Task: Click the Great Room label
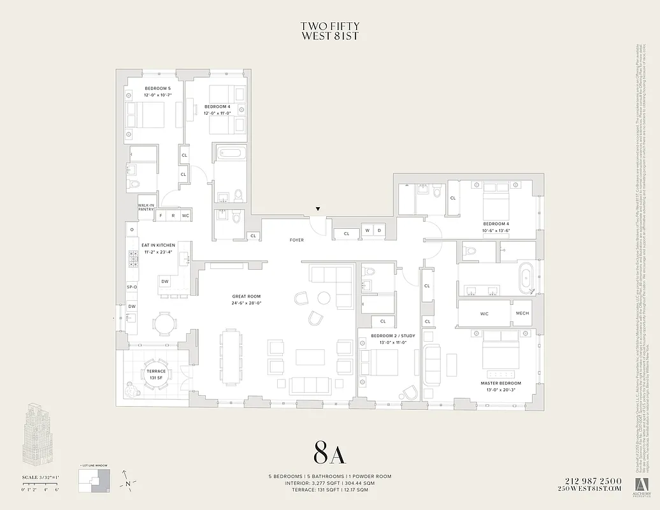pyautogui.click(x=247, y=300)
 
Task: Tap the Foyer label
pyautogui.click(x=296, y=240)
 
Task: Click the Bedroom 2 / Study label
pyautogui.click(x=384, y=338)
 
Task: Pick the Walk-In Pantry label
pyautogui.click(x=147, y=207)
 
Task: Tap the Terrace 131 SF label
pyautogui.click(x=155, y=374)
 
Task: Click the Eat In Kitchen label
pyautogui.click(x=158, y=247)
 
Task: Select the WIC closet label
pyautogui.click(x=484, y=314)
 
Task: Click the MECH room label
pyautogui.click(x=522, y=314)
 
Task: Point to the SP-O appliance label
pyautogui.click(x=132, y=286)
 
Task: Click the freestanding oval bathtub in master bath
pyautogui.click(x=526, y=279)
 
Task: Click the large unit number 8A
pyautogui.click(x=329, y=453)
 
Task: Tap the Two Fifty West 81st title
pyautogui.click(x=329, y=31)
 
